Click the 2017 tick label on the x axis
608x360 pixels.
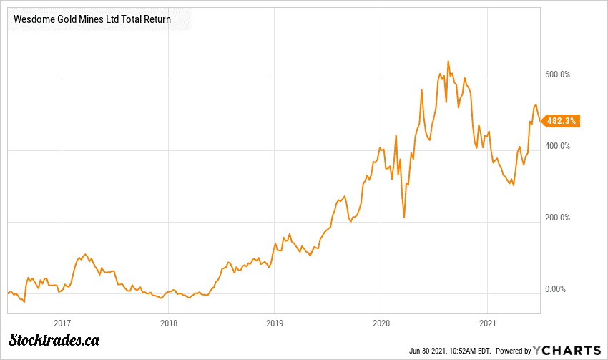tap(62, 322)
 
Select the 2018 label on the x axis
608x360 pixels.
tap(168, 322)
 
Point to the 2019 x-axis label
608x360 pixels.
tap(275, 322)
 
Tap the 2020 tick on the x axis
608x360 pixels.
tap(381, 322)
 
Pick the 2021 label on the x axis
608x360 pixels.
tap(487, 322)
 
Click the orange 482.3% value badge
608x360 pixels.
tap(561, 121)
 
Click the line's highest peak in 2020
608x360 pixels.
tap(448, 61)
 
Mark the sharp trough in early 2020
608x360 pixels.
tap(404, 217)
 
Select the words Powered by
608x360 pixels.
tap(513, 351)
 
